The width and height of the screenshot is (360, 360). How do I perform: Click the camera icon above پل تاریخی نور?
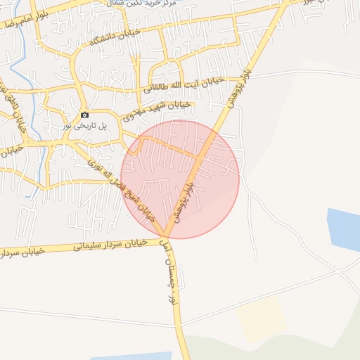tap(84, 115)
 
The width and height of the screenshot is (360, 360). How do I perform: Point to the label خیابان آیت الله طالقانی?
tap(184, 84)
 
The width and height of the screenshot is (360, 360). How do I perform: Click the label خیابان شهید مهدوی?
tap(157, 112)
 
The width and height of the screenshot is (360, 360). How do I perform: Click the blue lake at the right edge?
tap(345, 229)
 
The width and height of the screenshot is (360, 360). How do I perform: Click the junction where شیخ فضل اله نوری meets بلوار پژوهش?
tap(167, 235)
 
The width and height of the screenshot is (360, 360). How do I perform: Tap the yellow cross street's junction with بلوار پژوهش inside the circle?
tap(202, 154)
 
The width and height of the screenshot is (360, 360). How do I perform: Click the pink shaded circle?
tap(211, 204)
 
